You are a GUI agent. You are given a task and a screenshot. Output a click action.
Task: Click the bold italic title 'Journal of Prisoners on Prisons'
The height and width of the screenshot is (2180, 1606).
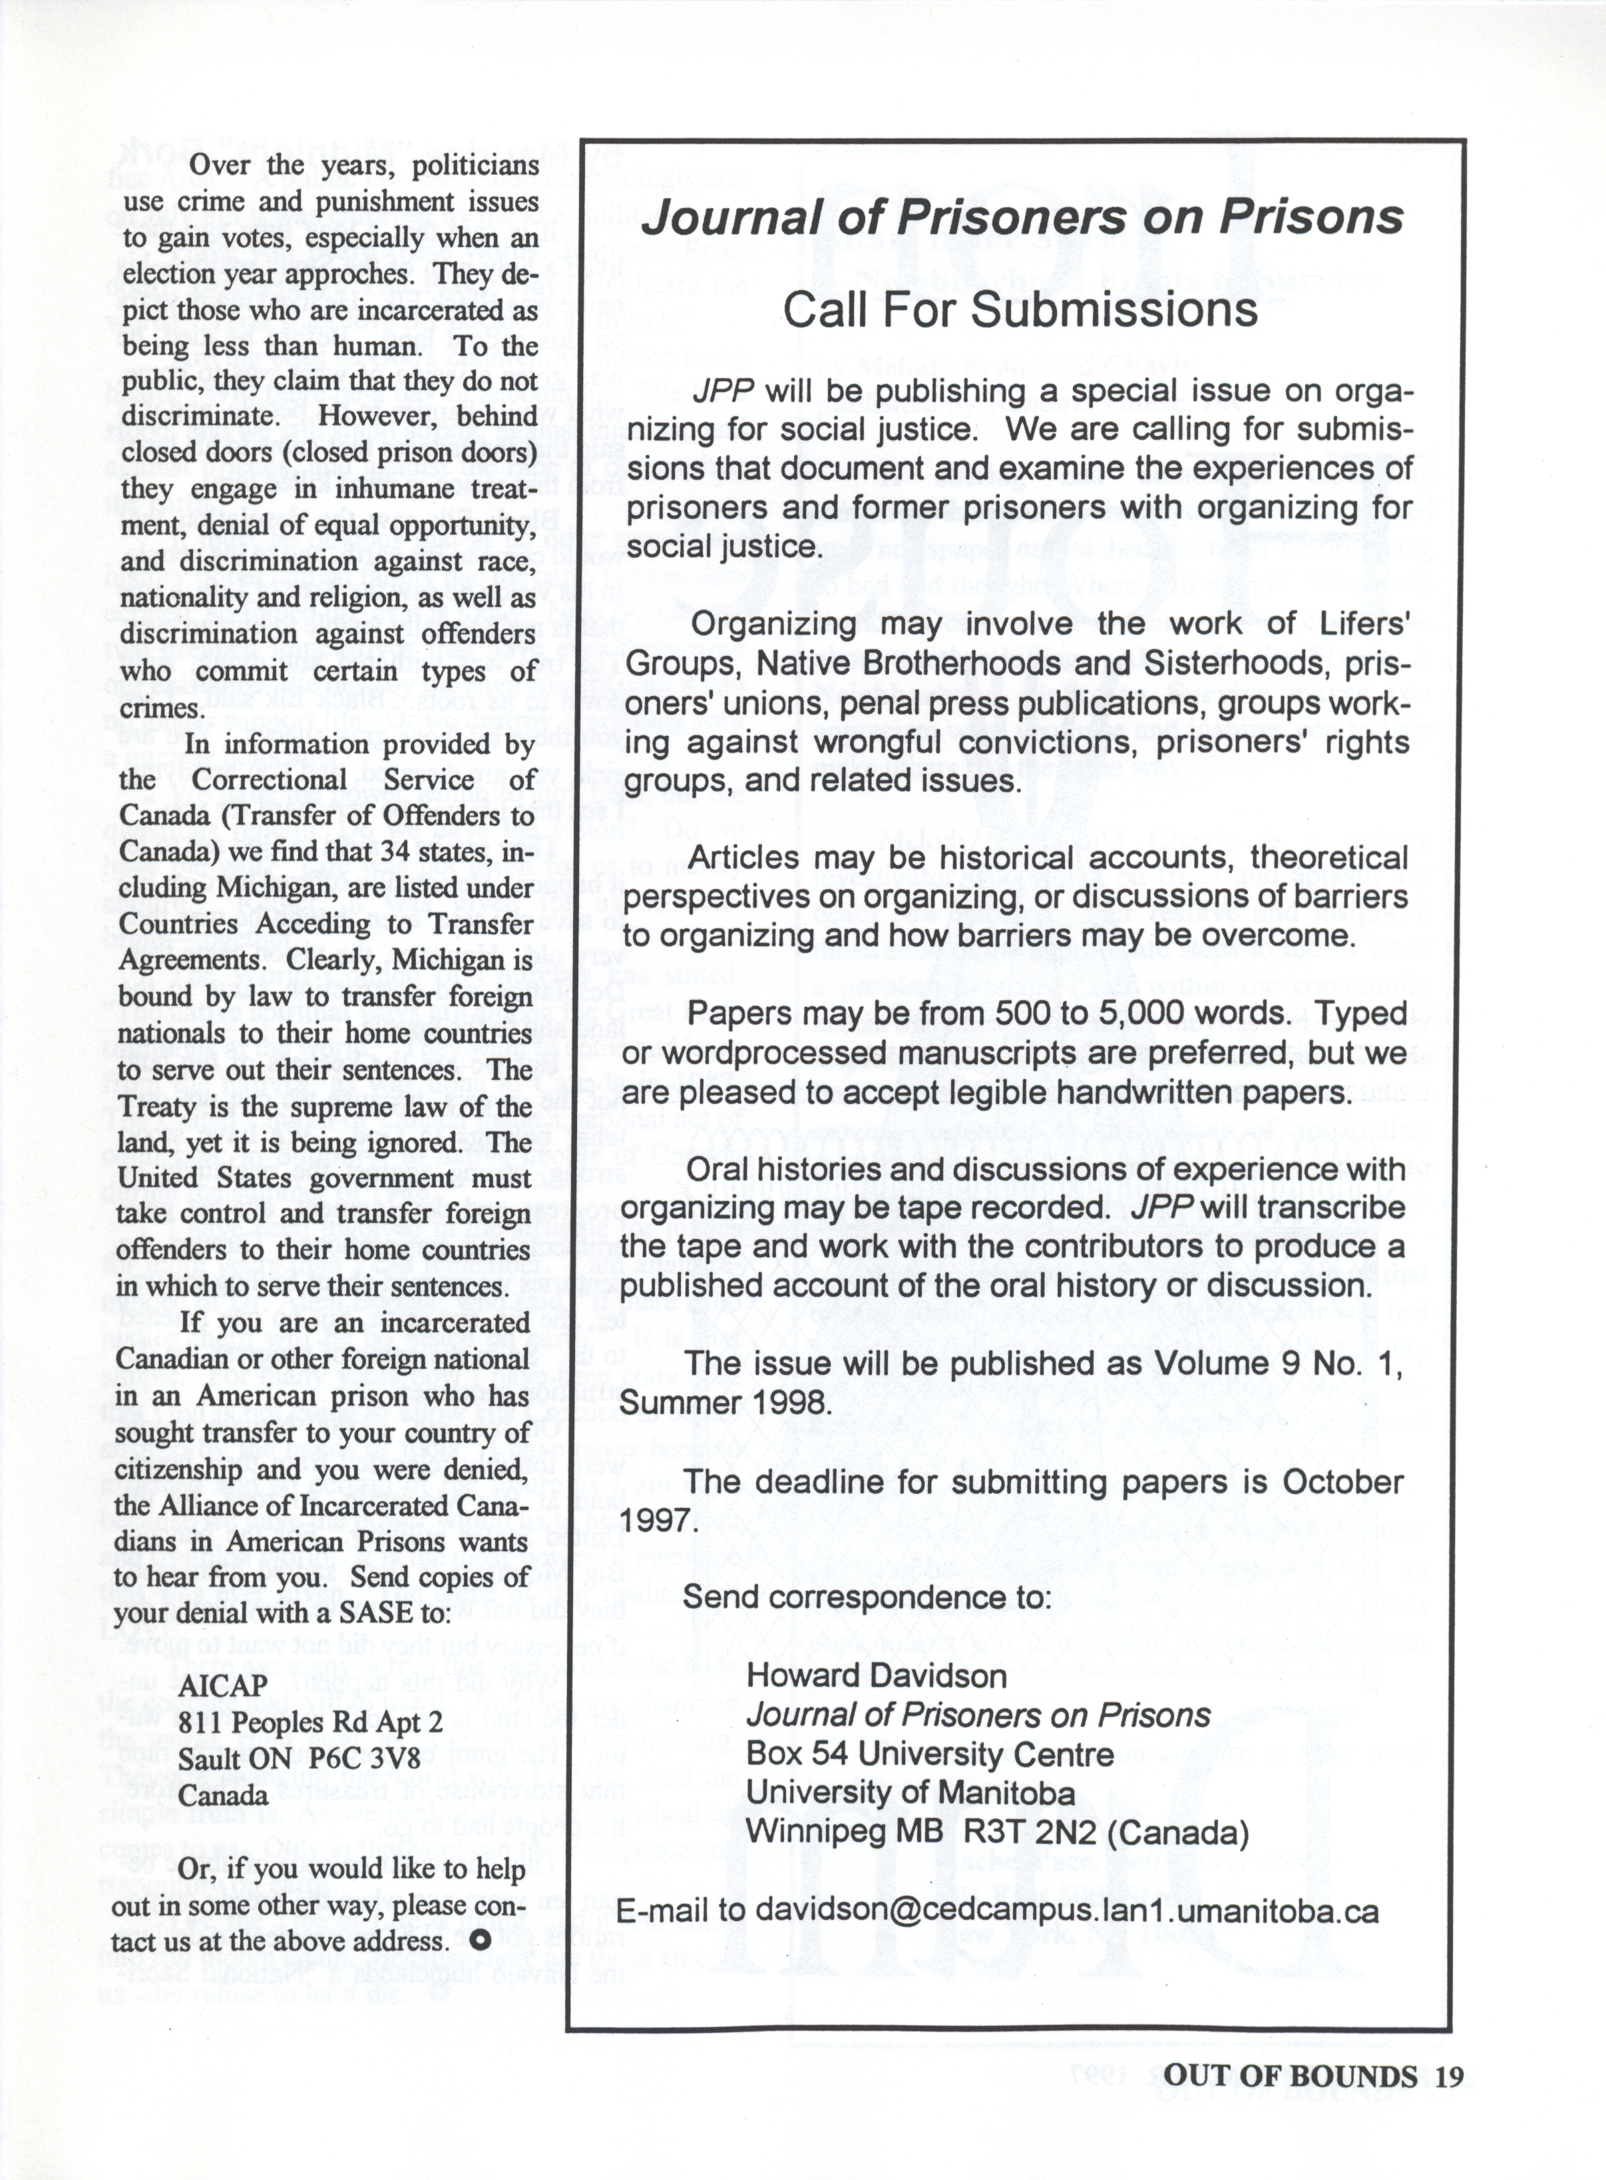(1022, 218)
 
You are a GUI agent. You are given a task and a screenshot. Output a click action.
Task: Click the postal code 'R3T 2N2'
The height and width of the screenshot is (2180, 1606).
(1032, 1833)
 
